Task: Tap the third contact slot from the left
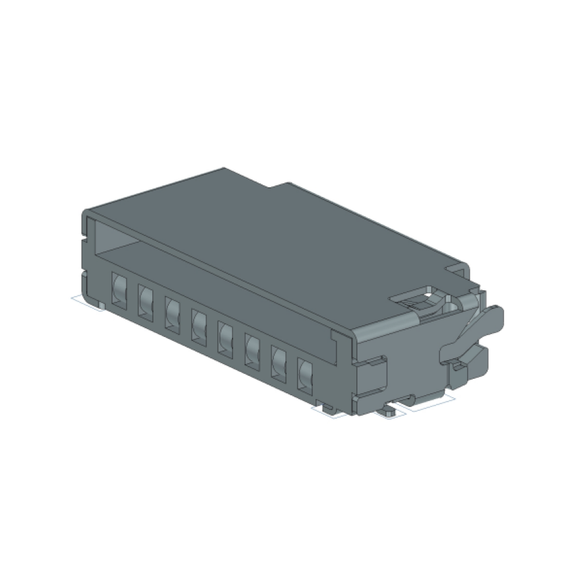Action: (172, 312)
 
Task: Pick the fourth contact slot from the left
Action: (199, 323)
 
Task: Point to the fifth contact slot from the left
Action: (225, 336)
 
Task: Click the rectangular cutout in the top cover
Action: (418, 299)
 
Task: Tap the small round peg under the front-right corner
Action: (389, 410)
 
